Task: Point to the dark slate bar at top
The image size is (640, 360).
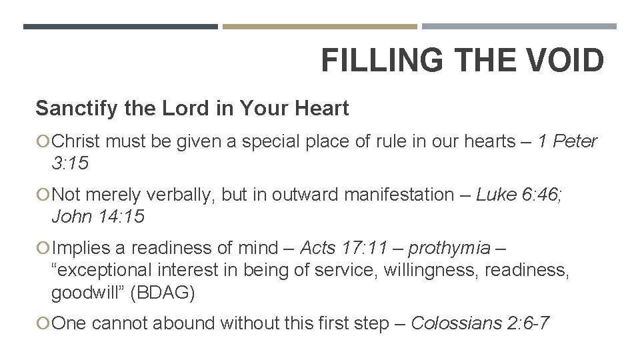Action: click(x=120, y=27)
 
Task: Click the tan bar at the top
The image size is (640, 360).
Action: click(x=319, y=27)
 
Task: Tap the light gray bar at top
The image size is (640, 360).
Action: click(x=519, y=27)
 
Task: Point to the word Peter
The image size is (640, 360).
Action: click(x=575, y=142)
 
